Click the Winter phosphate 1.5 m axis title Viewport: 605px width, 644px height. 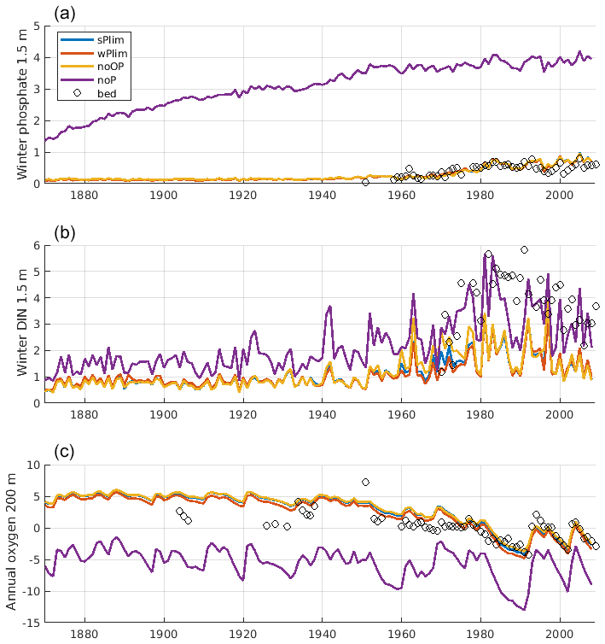pos(21,104)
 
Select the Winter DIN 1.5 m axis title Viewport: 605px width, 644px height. pos(21,324)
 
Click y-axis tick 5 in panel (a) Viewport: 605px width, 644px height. pos(36,26)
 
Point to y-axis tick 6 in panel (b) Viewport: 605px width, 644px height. pos(36,246)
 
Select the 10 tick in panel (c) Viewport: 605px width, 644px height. pos(32,465)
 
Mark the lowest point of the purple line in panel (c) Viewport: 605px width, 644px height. pos(522,609)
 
